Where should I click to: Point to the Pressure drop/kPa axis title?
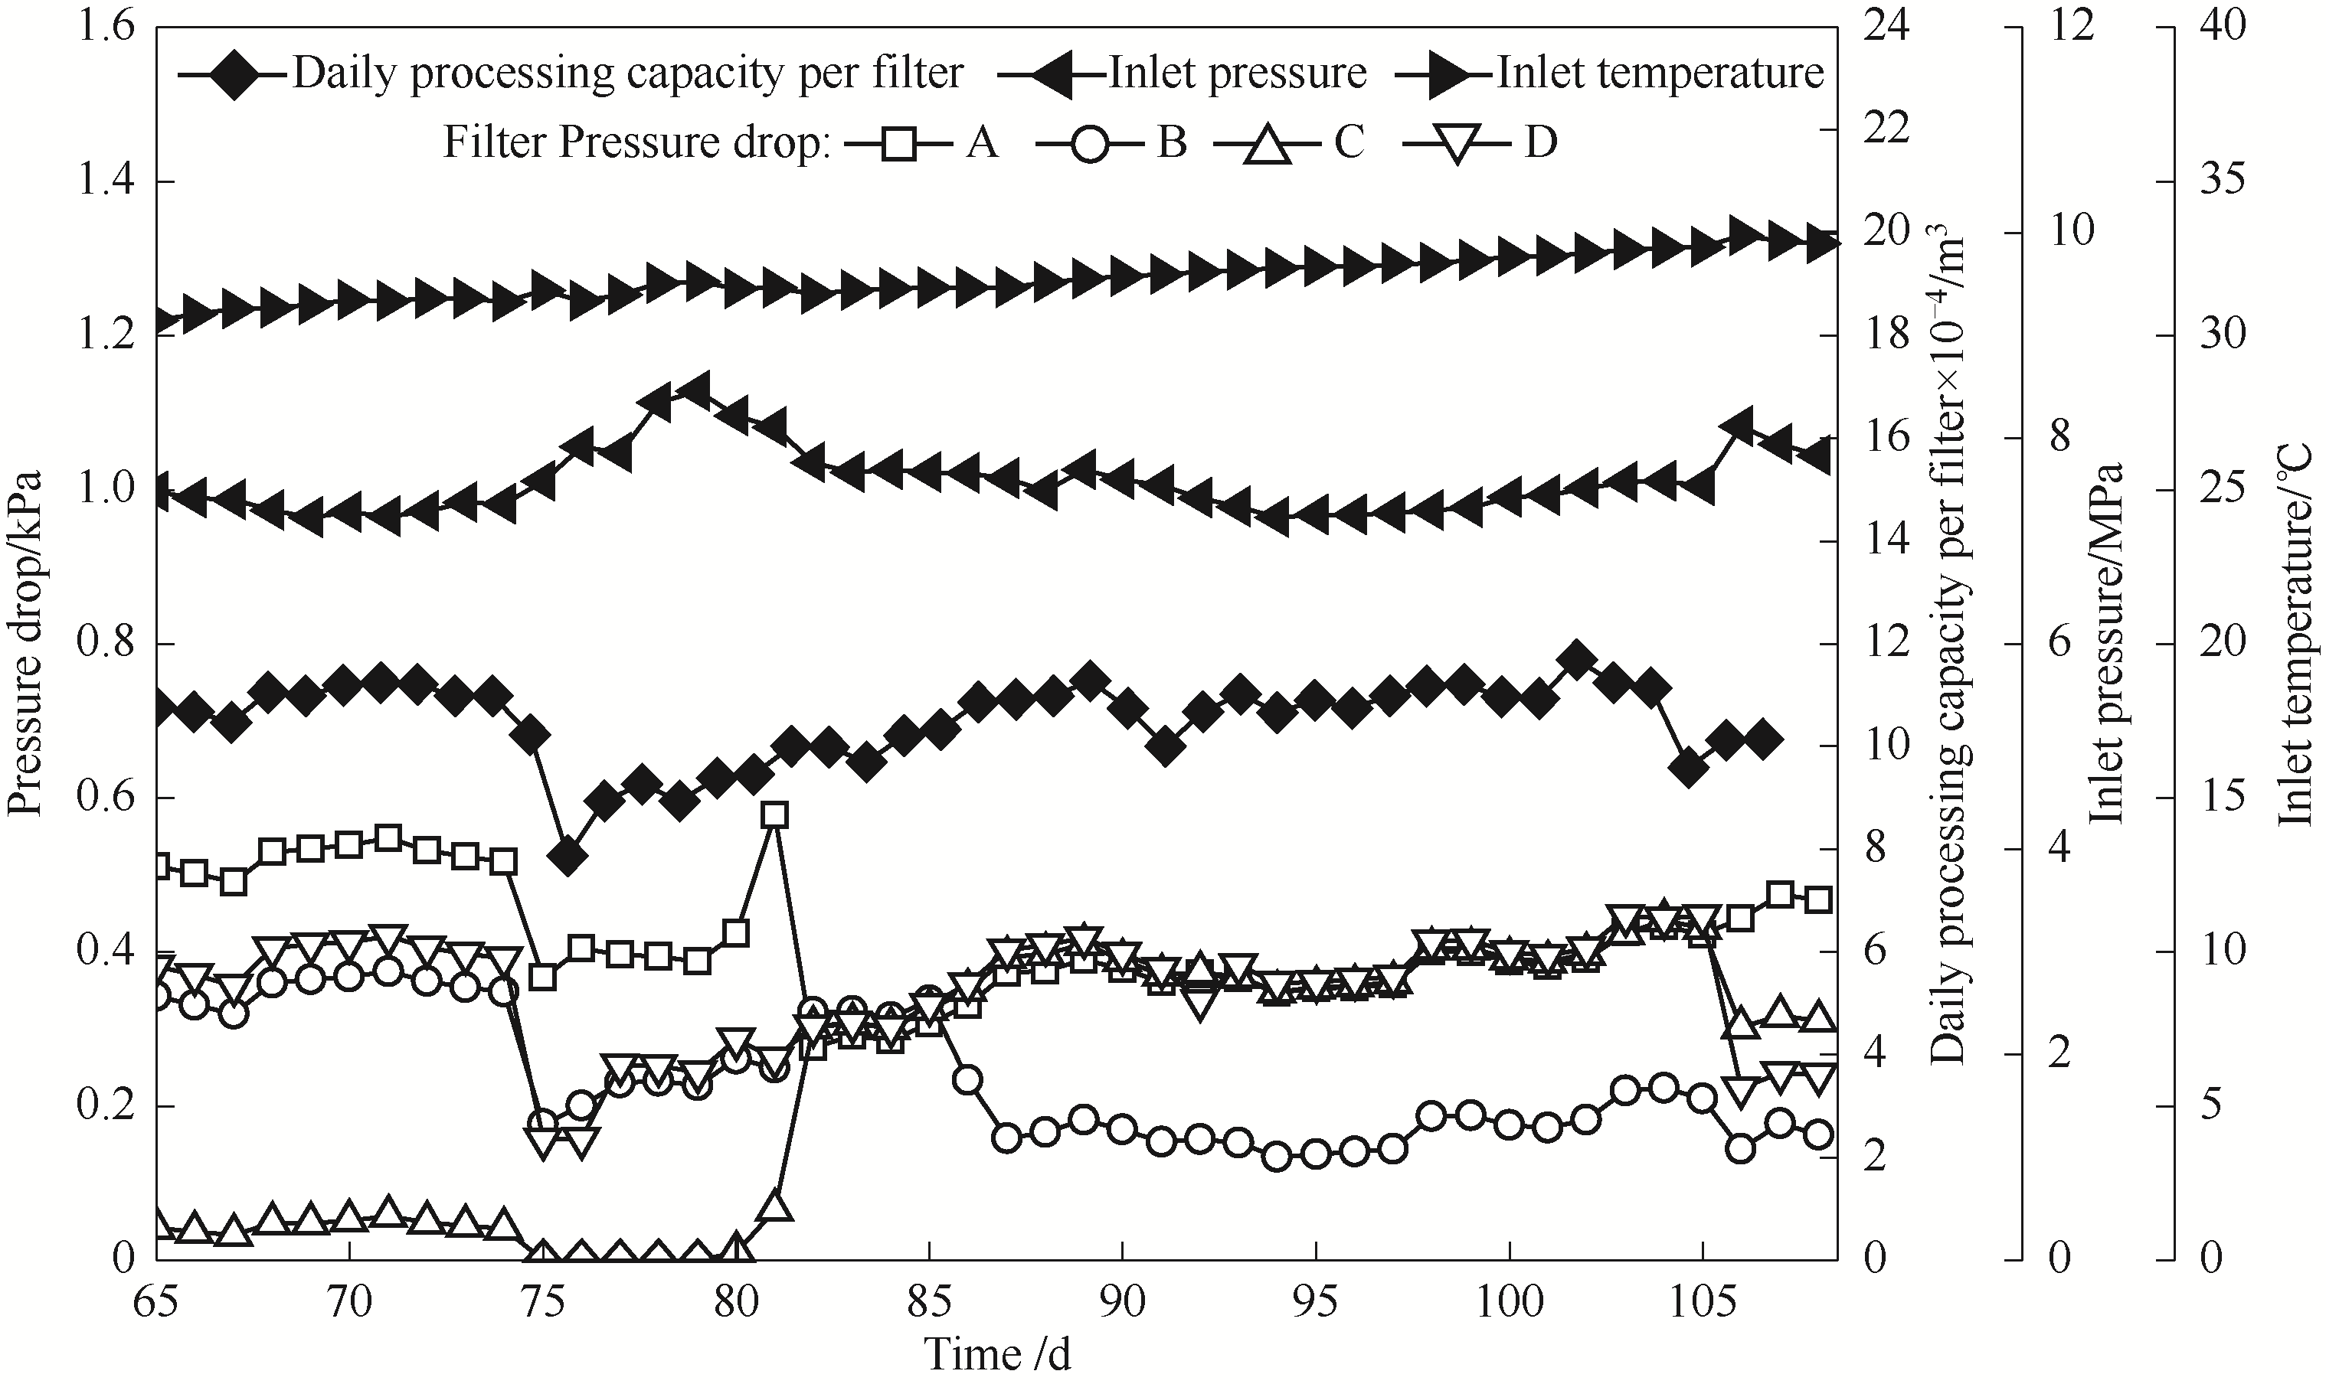26,644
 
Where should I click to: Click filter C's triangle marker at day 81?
774,1206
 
